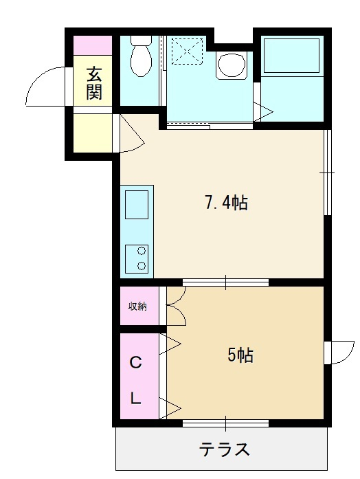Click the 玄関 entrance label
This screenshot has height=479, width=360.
pyautogui.click(x=93, y=82)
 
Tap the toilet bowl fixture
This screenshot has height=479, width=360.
pyautogui.click(x=141, y=56)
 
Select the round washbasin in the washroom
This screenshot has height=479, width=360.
pyautogui.click(x=232, y=65)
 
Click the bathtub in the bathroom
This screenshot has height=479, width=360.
pyautogui.click(x=291, y=55)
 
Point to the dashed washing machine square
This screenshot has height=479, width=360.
pyautogui.click(x=187, y=51)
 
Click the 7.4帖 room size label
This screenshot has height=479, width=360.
pyautogui.click(x=225, y=203)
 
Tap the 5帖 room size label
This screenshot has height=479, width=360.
pyautogui.click(x=240, y=355)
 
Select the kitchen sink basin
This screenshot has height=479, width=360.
pyautogui.click(x=137, y=204)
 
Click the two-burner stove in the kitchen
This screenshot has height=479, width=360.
pyautogui.click(x=137, y=259)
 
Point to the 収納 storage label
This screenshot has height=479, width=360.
pyautogui.click(x=137, y=306)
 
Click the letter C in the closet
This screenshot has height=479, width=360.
pyautogui.click(x=135, y=363)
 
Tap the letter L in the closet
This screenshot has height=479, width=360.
pyautogui.click(x=135, y=398)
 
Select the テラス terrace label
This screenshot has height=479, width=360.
pyautogui.click(x=225, y=449)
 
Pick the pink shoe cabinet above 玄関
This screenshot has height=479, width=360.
pyautogui.click(x=93, y=45)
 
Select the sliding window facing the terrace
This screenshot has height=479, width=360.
pyautogui.click(x=225, y=423)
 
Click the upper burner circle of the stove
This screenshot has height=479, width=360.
pyautogui.click(x=142, y=251)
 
